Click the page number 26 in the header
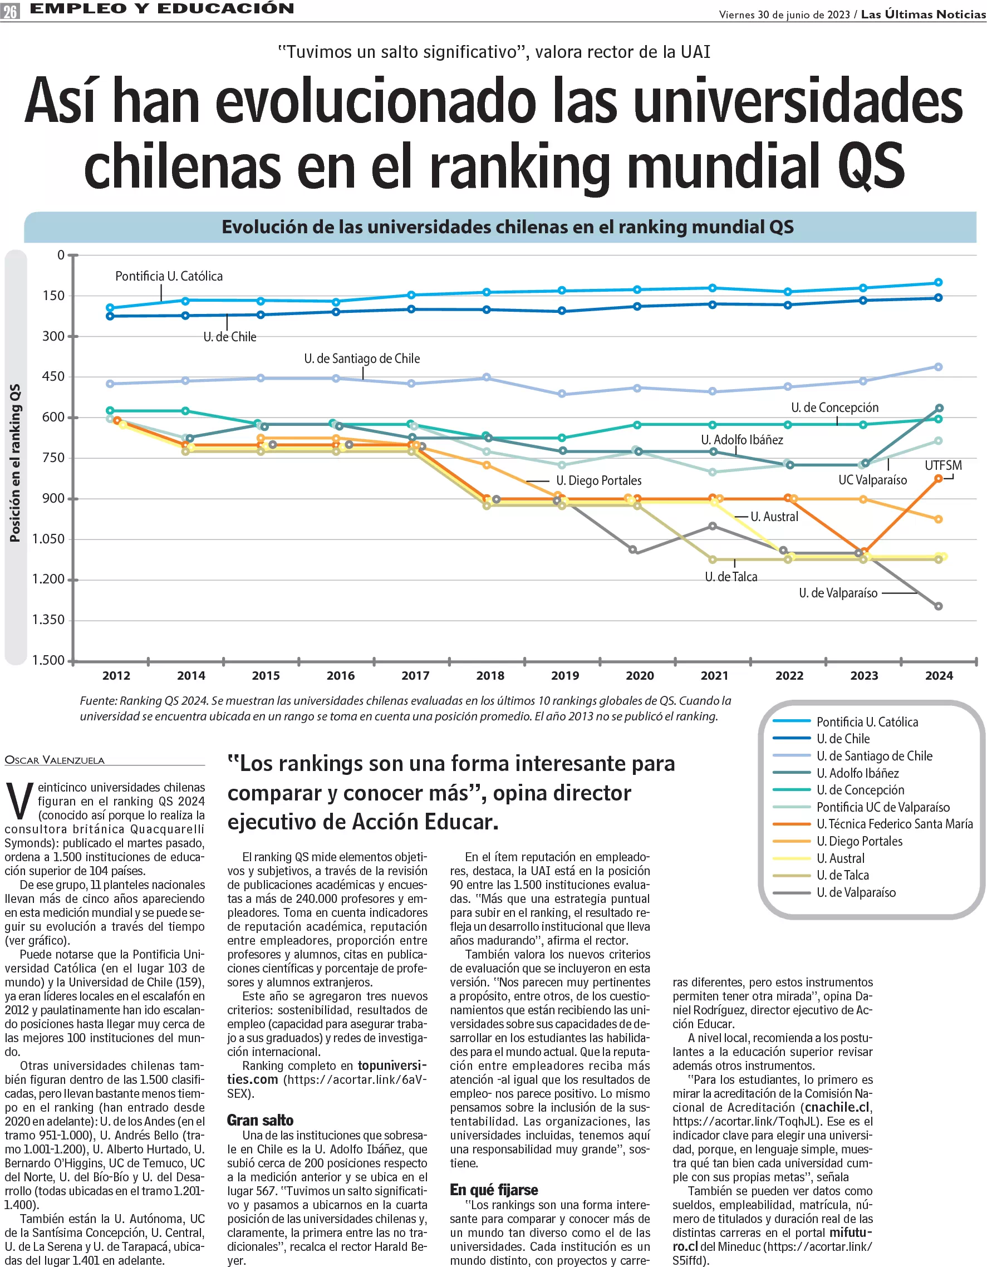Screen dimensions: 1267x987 click(x=10, y=11)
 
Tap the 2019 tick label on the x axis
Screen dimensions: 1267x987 click(x=564, y=675)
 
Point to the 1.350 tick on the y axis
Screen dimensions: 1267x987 click(x=48, y=620)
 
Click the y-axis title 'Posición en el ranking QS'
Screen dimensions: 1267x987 click(x=15, y=463)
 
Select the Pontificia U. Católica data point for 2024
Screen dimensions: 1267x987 click(x=937, y=283)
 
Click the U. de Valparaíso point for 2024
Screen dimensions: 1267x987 click(x=938, y=606)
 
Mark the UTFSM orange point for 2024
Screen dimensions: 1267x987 click(x=938, y=479)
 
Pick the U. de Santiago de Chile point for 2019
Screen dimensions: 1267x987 click(x=562, y=394)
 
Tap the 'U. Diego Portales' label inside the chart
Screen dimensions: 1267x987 click(x=598, y=480)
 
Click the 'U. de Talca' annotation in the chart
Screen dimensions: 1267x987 click(x=730, y=577)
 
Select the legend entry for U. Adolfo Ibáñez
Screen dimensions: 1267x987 click(x=857, y=773)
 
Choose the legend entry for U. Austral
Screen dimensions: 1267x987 click(x=840, y=858)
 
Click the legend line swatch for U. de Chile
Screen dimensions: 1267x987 click(x=791, y=739)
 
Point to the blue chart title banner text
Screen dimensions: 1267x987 click(x=507, y=227)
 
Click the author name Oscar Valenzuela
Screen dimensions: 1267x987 click(x=55, y=760)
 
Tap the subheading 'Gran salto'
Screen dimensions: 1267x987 click(x=260, y=1119)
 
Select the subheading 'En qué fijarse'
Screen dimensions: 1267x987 click(x=494, y=1190)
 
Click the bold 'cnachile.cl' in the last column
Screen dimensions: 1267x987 click(x=836, y=1107)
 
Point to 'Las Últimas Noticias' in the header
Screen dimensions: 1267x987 click(x=922, y=14)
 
